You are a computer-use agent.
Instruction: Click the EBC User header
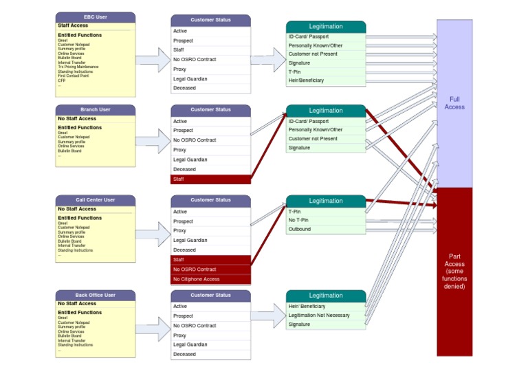[x=95, y=16]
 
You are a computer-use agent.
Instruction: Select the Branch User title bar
[x=95, y=109]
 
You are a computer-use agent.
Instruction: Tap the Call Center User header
[x=95, y=200]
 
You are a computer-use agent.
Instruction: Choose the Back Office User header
[x=95, y=295]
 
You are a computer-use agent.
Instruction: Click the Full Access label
[x=454, y=103]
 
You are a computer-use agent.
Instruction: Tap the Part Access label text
[x=454, y=271]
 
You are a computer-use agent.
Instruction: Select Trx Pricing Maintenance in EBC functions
[x=78, y=67]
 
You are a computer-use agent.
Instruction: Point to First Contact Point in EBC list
[x=73, y=76]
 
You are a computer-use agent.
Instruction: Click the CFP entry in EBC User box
[x=61, y=80]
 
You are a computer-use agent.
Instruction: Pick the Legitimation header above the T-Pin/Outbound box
[x=325, y=201]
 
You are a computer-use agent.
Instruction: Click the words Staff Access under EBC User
[x=73, y=26]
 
